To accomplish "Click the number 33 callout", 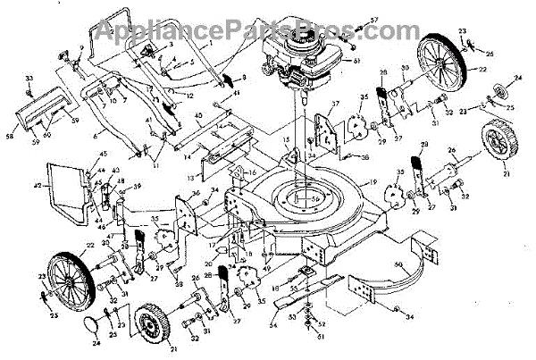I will [29, 80].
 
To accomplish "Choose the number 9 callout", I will [81, 48].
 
